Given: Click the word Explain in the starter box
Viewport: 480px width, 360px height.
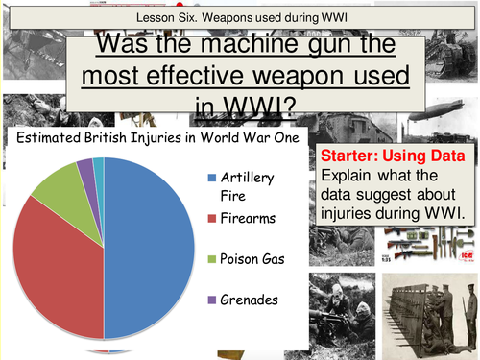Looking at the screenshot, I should click(348, 177).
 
